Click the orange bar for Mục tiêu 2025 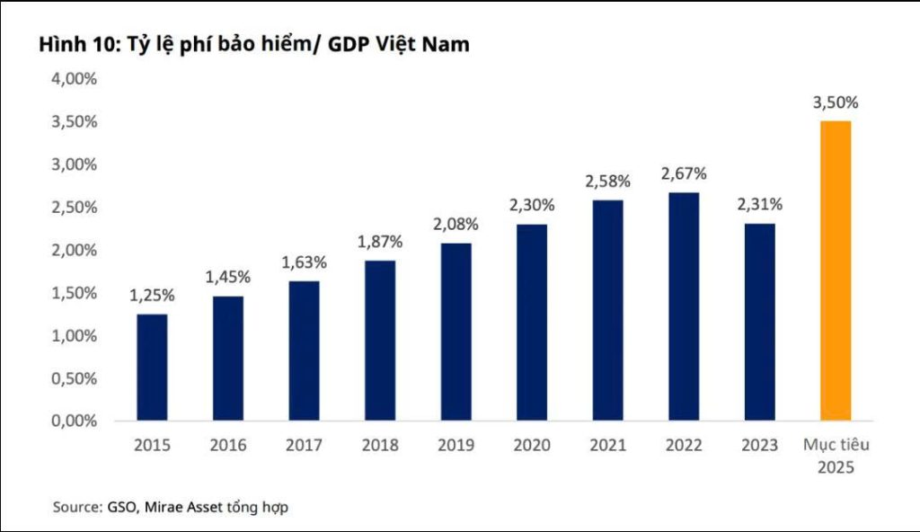pyautogui.click(x=836, y=270)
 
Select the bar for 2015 pyautogui.click(x=152, y=367)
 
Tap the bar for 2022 pyautogui.click(x=684, y=306)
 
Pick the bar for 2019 pyautogui.click(x=456, y=332)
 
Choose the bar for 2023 pyautogui.click(x=760, y=322)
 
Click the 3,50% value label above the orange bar pyautogui.click(x=836, y=103)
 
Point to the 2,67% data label pyautogui.click(x=684, y=173)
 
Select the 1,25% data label pyautogui.click(x=152, y=295)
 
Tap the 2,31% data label pyautogui.click(x=760, y=204)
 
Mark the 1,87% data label pyautogui.click(x=380, y=242)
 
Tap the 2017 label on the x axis pyautogui.click(x=304, y=445)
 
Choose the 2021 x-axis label pyautogui.click(x=608, y=445)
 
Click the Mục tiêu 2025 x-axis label pyautogui.click(x=836, y=456)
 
